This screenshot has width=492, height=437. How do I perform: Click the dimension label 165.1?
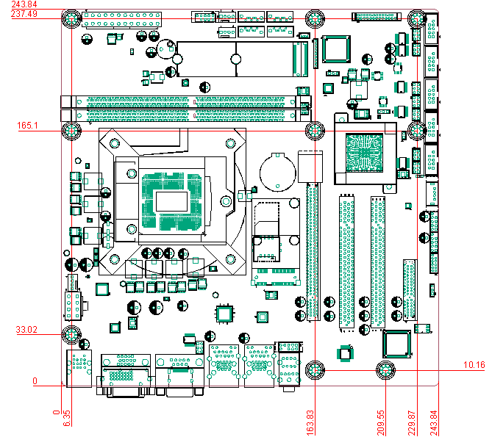coord(27,126)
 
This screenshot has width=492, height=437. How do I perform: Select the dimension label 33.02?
coord(26,330)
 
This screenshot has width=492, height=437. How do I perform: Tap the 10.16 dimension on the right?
coord(474,365)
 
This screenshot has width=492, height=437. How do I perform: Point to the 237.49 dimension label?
coord(24,14)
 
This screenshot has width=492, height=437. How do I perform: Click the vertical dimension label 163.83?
coord(310,423)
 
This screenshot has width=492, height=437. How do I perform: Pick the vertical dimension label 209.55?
coord(381,423)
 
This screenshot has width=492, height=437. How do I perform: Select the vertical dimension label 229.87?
coord(412,423)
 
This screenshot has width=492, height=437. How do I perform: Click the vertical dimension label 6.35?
coord(67,419)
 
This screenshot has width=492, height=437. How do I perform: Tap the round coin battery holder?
coord(278,172)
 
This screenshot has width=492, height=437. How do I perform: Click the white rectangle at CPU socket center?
coord(171,201)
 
